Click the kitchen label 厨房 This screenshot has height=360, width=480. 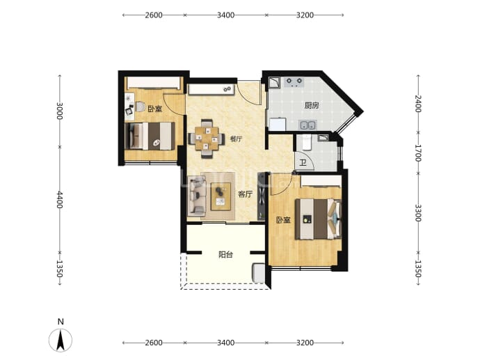[312, 106]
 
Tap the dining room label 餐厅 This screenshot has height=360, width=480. [236, 139]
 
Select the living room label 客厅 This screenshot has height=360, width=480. [245, 194]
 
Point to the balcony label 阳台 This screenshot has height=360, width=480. [225, 255]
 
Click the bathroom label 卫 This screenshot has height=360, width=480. [303, 162]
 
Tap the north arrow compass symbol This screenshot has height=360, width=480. [61, 340]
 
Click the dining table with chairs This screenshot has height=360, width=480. [207, 139]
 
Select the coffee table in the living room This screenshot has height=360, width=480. [221, 196]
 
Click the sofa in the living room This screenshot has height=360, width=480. [197, 195]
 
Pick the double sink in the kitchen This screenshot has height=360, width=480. [307, 125]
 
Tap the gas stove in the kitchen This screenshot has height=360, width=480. [294, 82]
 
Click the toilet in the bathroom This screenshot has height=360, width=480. [306, 142]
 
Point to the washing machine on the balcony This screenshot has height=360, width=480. [259, 273]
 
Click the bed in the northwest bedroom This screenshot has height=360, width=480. [150, 136]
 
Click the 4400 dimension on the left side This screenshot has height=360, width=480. [60, 200]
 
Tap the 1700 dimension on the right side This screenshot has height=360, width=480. [418, 153]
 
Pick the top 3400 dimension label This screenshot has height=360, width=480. [225, 15]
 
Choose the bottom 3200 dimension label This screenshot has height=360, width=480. [305, 343]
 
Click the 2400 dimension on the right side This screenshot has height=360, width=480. [418, 104]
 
